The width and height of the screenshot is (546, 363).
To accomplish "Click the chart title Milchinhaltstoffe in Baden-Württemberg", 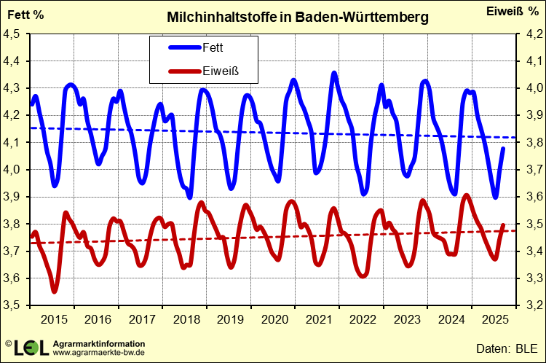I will tap(298, 16).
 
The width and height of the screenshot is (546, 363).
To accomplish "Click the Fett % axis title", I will tap(25, 14).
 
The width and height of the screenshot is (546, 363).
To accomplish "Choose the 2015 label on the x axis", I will tap(55, 319).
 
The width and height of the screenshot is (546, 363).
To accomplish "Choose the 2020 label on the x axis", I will tap(276, 319).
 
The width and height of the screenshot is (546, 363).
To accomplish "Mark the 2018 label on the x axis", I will tap(187, 319).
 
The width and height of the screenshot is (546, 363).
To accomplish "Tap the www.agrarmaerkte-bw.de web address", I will tap(98, 353).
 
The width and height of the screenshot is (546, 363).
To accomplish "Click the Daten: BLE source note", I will tap(505, 348).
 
